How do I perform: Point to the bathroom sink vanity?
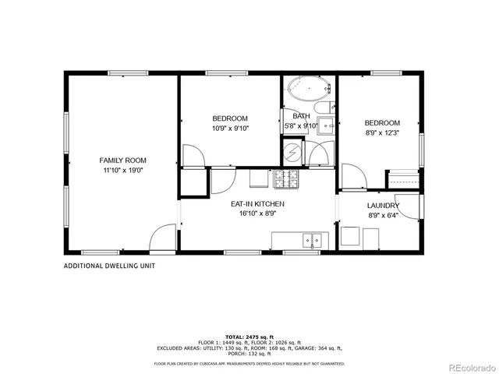328,124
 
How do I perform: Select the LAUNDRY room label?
383,206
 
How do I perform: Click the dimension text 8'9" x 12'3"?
383,133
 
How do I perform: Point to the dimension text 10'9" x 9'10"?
230,129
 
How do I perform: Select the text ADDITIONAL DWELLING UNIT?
109,266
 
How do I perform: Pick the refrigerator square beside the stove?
259,178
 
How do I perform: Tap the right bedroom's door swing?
352,178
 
